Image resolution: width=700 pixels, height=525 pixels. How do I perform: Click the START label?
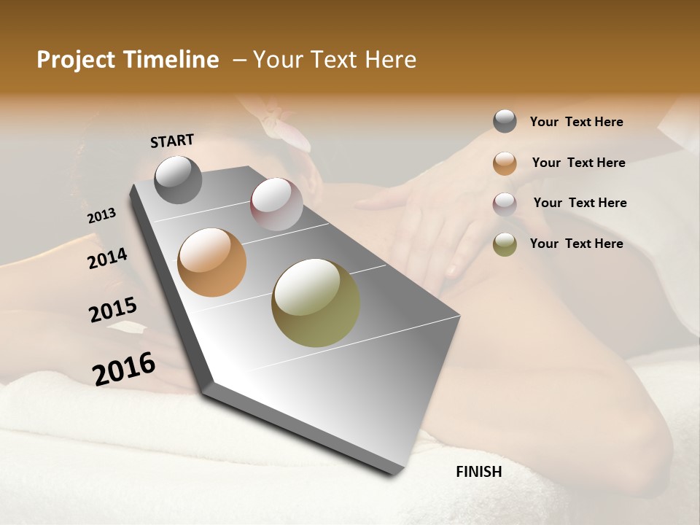172,141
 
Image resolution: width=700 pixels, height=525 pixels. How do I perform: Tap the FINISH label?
478,472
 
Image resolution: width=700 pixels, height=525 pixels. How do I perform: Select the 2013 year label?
102,215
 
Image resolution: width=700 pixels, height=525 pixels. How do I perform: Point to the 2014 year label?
107,258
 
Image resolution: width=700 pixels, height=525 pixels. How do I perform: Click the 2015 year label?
113,310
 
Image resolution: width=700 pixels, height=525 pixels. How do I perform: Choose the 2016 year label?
124,368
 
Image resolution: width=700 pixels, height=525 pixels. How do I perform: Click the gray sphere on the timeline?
178,179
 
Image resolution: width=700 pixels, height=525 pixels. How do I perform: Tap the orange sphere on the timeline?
211,262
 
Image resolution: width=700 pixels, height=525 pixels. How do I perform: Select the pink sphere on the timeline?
276,203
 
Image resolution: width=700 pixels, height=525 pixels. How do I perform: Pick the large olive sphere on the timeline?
316,303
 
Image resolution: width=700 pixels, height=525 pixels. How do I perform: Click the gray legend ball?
505,121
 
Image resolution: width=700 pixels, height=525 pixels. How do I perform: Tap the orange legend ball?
505,163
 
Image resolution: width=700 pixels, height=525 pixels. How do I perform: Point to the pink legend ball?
505,203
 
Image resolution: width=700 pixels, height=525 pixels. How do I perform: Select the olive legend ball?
505,244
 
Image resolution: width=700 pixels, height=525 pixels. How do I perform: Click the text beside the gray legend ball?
576,122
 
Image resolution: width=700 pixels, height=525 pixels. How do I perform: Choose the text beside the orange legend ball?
578,163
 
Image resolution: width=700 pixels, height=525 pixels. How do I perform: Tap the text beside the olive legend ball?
576,244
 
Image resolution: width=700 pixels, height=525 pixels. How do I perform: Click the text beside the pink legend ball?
580,203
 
